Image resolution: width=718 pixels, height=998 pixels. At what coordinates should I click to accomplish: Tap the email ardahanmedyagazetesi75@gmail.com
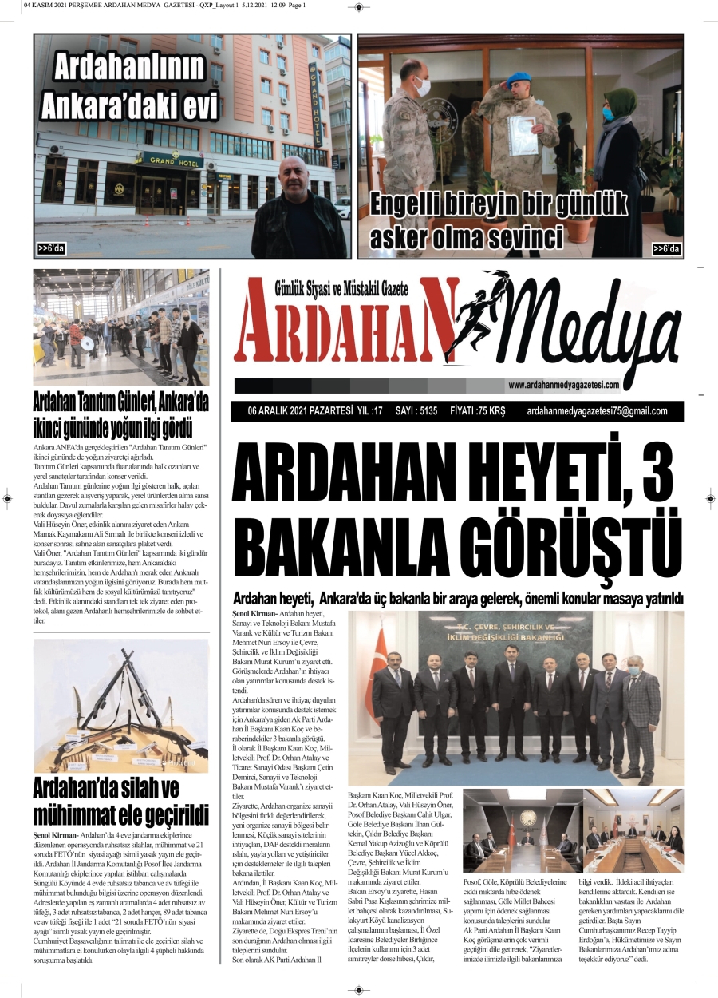coord(597,412)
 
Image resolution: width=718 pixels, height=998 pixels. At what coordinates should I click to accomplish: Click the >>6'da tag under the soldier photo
coord(666,249)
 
